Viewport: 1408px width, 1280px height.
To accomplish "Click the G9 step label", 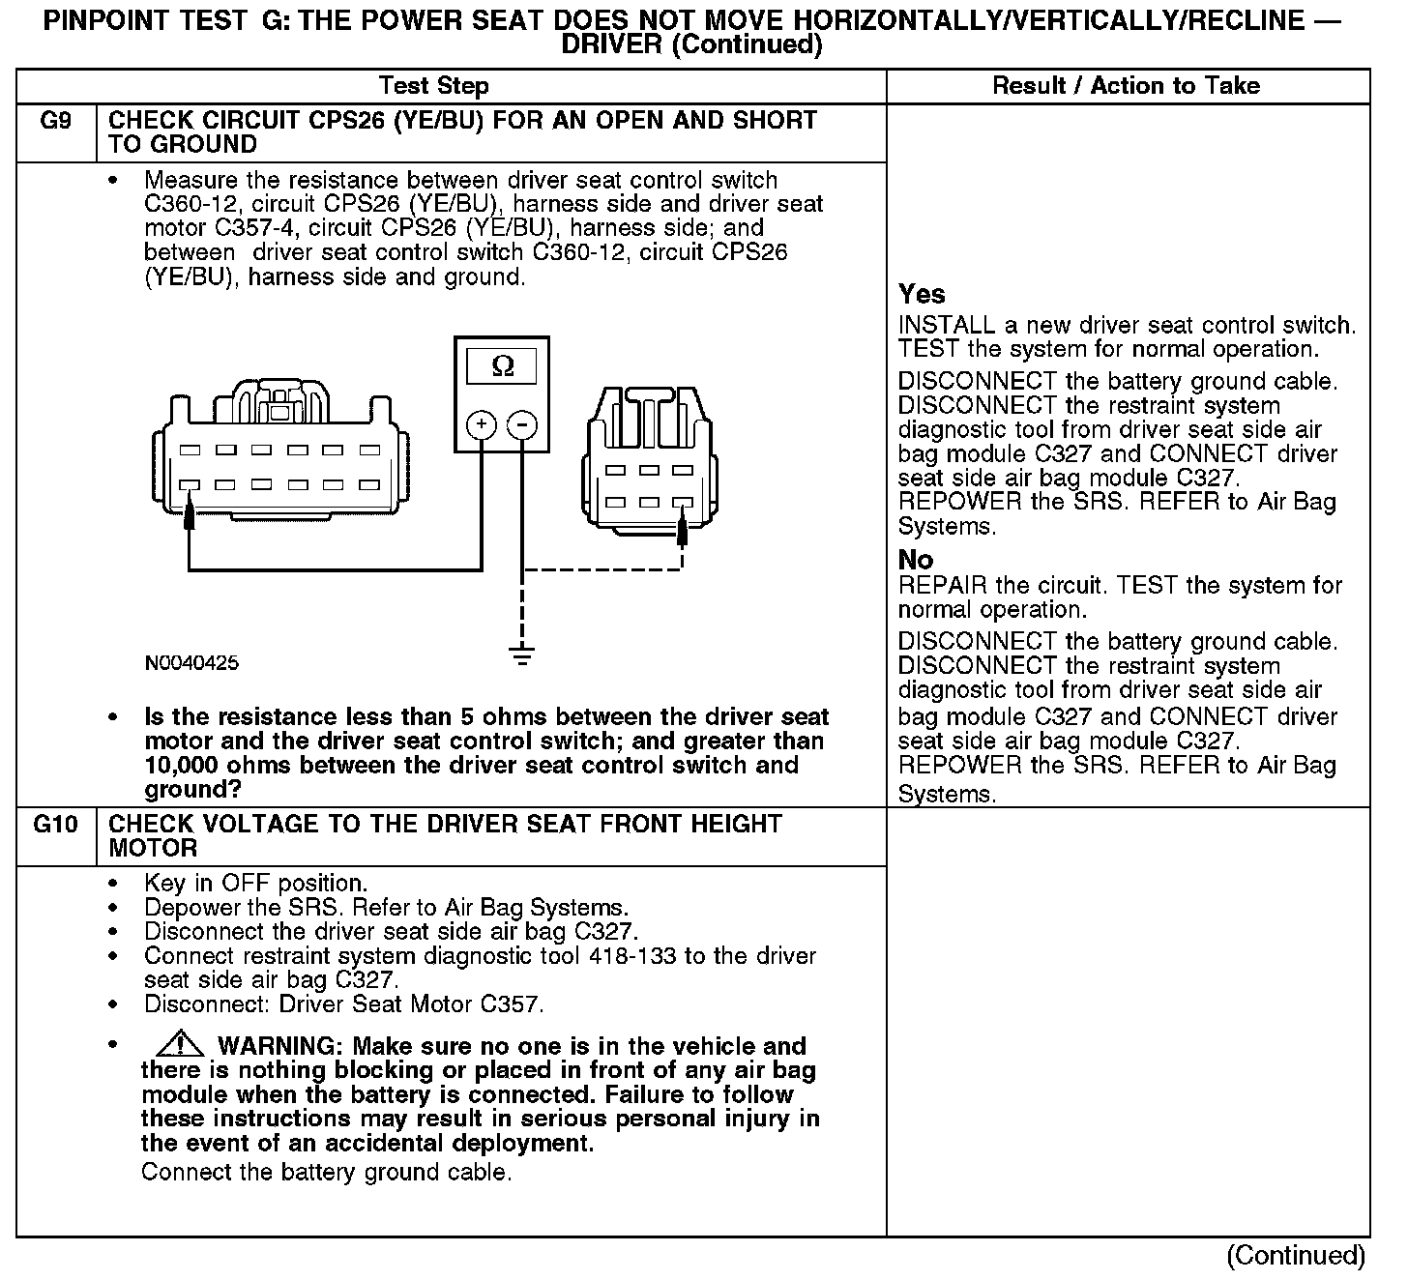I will coord(55,121).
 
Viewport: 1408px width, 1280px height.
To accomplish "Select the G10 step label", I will coord(55,825).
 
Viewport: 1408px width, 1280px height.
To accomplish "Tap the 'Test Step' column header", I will coord(434,86).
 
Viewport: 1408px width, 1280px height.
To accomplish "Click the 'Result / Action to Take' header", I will coord(1127,86).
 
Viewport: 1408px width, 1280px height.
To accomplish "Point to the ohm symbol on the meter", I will coord(503,366).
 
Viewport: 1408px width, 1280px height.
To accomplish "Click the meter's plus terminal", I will coord(482,424).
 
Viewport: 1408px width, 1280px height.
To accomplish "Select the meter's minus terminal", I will coord(522,424).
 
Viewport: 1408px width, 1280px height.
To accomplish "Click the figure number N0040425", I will coord(191,663).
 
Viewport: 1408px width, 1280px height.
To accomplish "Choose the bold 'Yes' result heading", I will coord(922,294).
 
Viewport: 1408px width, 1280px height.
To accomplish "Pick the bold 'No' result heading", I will coord(916,560).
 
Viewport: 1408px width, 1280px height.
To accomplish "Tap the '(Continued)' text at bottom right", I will coord(1295,1255).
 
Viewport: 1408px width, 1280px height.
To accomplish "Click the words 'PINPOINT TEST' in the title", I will coord(145,23).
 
